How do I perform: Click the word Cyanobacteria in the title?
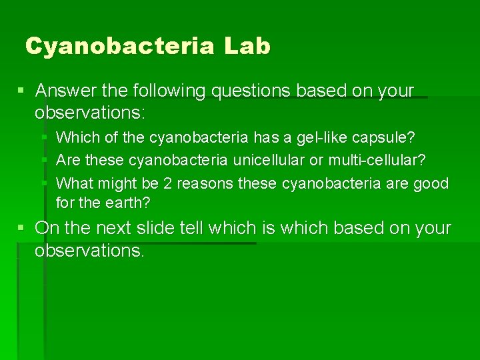[120, 47]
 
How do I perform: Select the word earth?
[127, 201]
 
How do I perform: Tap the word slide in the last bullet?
[181, 228]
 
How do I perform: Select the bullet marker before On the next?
[23, 228]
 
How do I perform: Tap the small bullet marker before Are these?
[44, 161]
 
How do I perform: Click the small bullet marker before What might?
[44, 183]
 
